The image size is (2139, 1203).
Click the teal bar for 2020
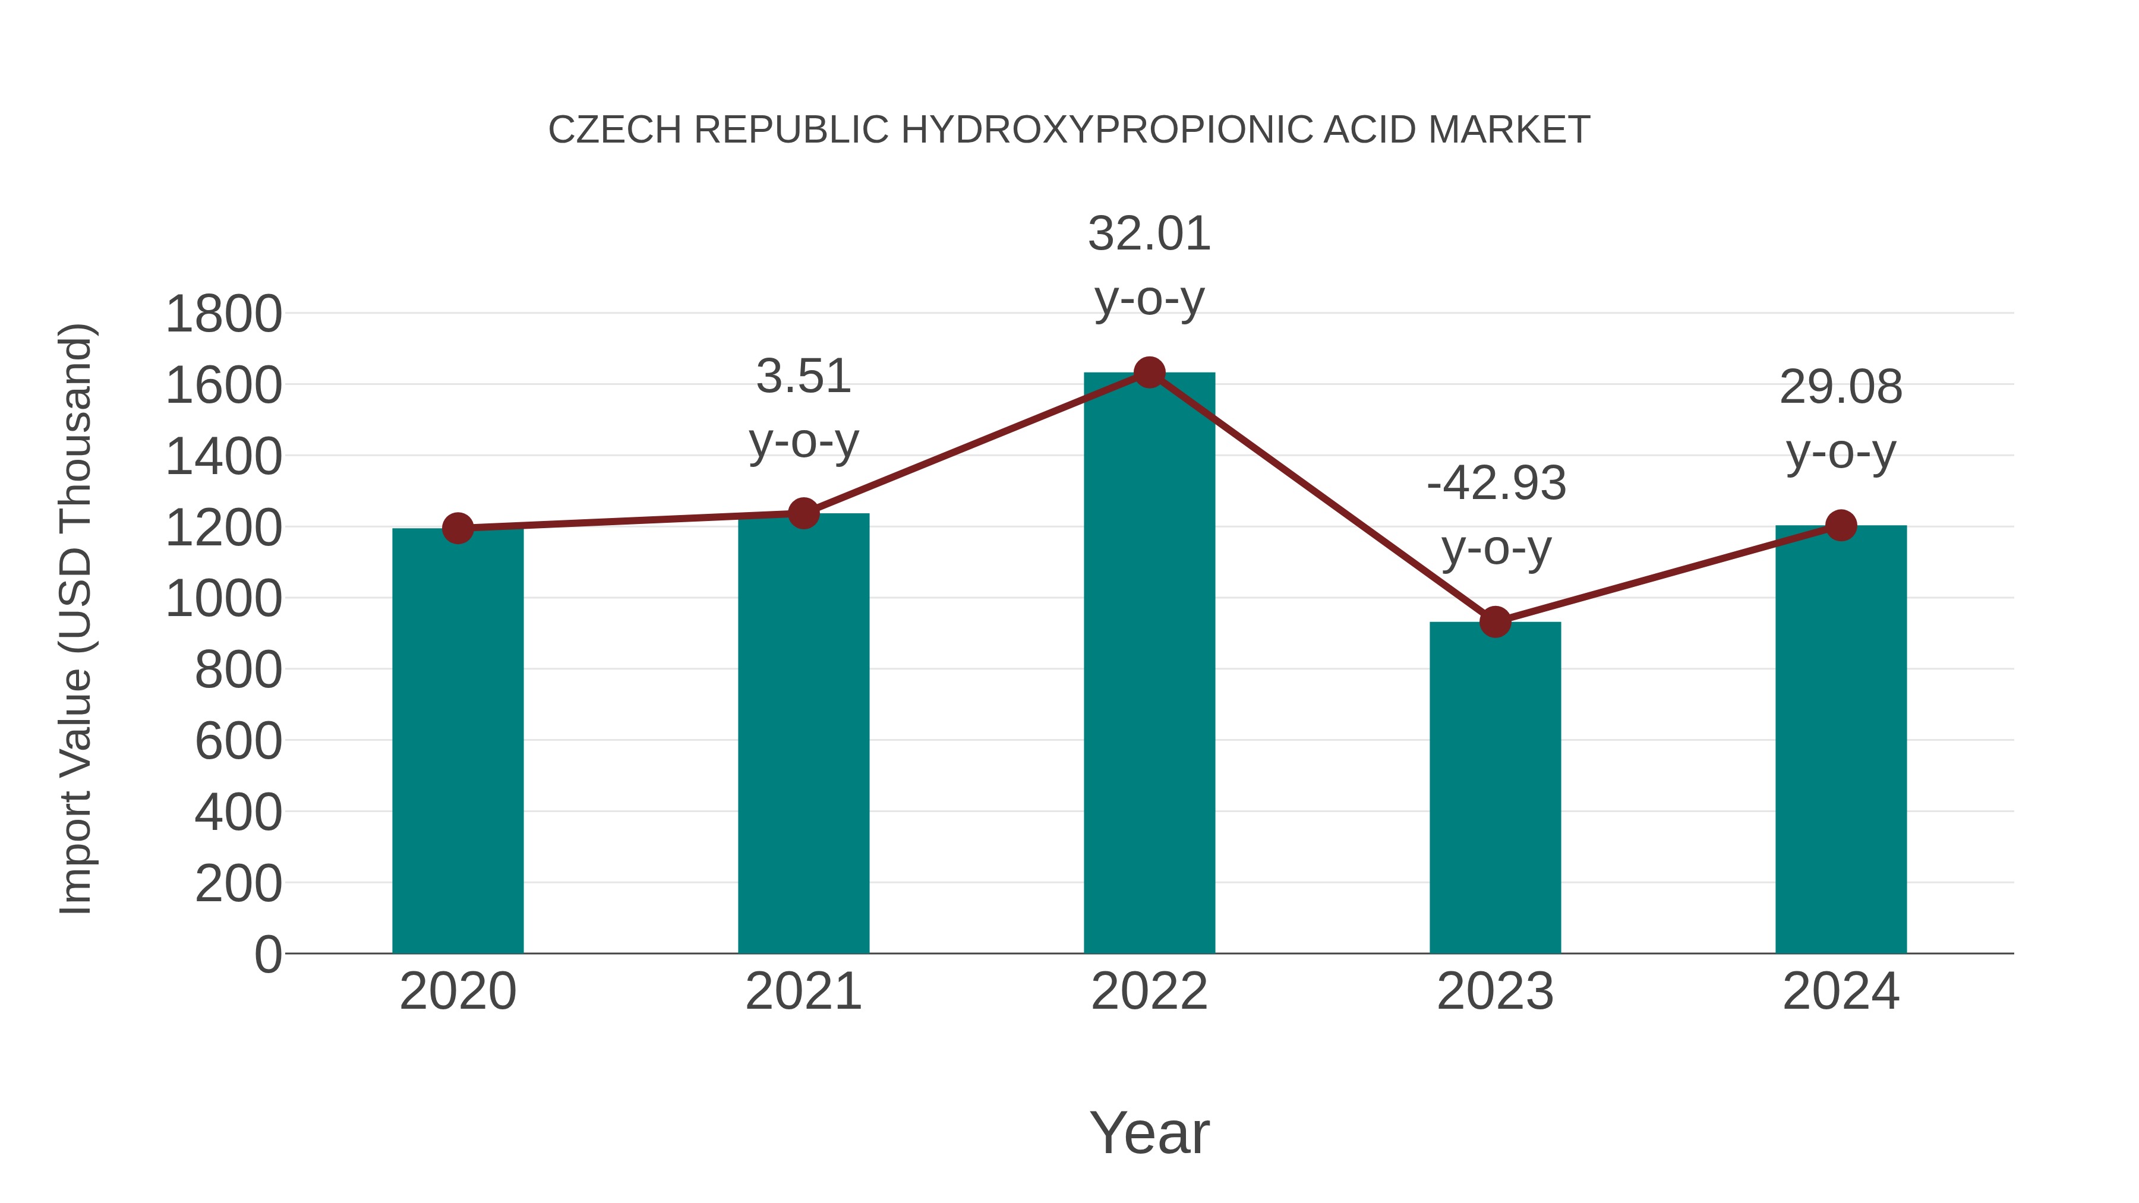click(458, 741)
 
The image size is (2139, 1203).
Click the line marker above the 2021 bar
click(803, 514)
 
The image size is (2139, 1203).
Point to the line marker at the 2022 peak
click(1149, 372)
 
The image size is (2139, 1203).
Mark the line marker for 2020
click(458, 528)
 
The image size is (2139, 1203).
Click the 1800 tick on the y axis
click(223, 315)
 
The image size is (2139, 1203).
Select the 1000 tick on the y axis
click(223, 599)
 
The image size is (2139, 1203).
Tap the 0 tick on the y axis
click(267, 955)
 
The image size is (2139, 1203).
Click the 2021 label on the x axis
click(803, 992)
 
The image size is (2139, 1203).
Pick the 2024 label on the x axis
click(1841, 992)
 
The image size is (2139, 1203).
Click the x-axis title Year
click(1149, 1132)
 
